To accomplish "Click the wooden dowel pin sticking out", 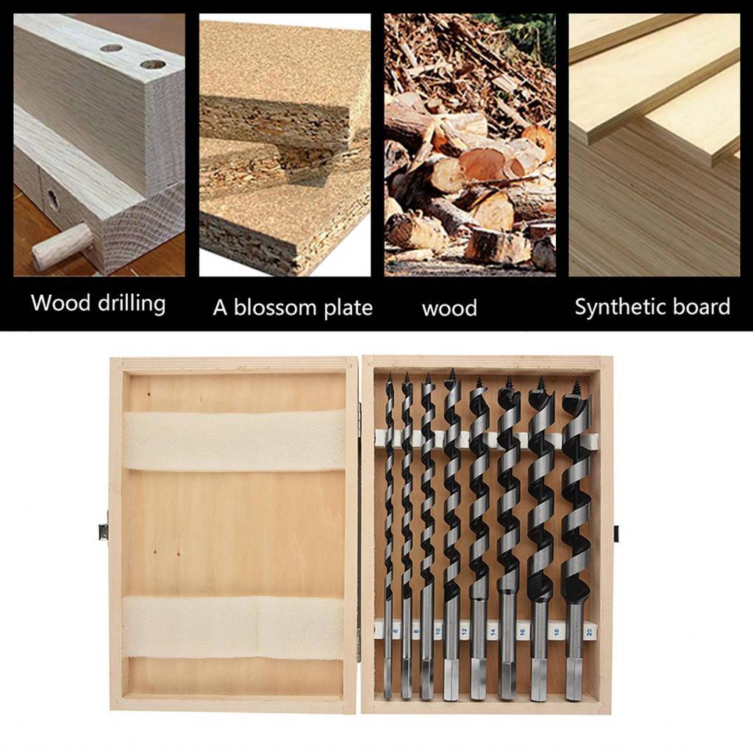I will pyautogui.click(x=63, y=246).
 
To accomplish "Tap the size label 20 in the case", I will pyautogui.click(x=590, y=632).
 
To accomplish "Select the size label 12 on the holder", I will pyautogui.click(x=463, y=632).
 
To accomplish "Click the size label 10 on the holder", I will pyautogui.click(x=438, y=632).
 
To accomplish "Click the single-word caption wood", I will pyautogui.click(x=449, y=308).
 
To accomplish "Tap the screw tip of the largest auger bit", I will pyautogui.click(x=576, y=385).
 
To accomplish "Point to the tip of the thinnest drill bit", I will pyautogui.click(x=389, y=377).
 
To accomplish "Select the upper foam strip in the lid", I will pyautogui.click(x=234, y=440).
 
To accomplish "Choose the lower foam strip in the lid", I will pyautogui.click(x=234, y=626).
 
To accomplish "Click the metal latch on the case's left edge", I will pyautogui.click(x=104, y=531).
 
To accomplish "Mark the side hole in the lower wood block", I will pyautogui.click(x=53, y=199).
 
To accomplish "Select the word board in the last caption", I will pyautogui.click(x=704, y=307).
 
